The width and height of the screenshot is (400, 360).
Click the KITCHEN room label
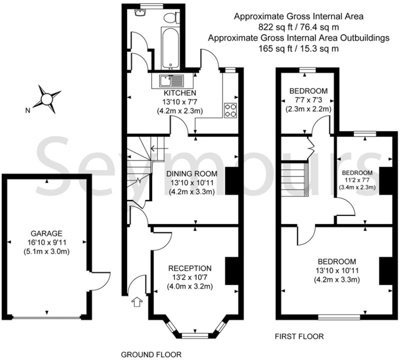(x=180, y=93)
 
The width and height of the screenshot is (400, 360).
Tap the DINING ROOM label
(x=192, y=174)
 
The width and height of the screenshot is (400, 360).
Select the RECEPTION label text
(x=190, y=268)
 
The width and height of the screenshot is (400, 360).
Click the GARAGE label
(x=46, y=233)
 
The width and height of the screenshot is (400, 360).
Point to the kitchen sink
(x=171, y=81)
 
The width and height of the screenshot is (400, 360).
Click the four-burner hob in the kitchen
(x=231, y=110)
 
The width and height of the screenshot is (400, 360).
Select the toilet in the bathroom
(x=171, y=18)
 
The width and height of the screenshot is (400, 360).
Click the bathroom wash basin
(x=140, y=13)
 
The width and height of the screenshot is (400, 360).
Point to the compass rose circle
(x=46, y=99)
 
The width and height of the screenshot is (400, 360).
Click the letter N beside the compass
(x=28, y=110)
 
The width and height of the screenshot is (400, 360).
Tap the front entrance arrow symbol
(x=137, y=302)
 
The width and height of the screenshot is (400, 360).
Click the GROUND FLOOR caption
(x=151, y=354)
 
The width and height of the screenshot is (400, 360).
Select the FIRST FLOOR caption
(x=299, y=337)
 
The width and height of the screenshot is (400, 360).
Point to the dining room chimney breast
(x=232, y=181)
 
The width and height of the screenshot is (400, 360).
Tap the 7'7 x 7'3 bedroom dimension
(x=308, y=100)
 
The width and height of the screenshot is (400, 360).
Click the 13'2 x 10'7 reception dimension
(x=190, y=277)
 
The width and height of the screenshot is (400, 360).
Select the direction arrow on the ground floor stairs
(x=160, y=148)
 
